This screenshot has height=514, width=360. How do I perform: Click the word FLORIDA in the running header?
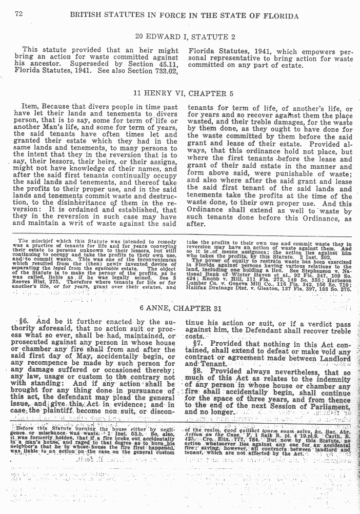click(281, 15)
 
